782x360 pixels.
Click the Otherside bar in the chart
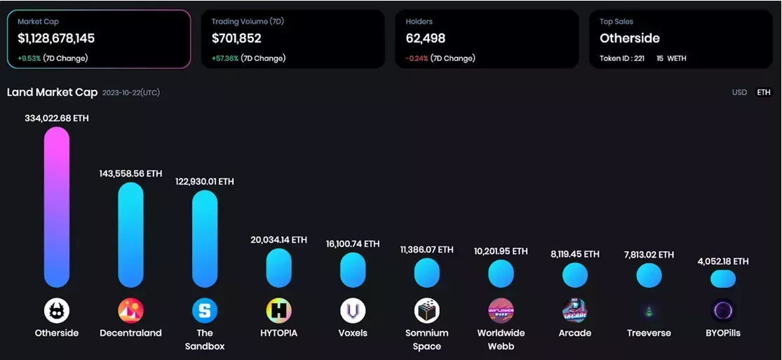point(57,207)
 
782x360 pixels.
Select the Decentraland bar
point(130,235)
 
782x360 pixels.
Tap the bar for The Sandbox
point(205,239)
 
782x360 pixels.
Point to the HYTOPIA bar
point(278,268)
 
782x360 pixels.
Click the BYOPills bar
point(722,279)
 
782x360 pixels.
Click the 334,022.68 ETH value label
point(57,119)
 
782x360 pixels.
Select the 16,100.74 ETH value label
point(353,244)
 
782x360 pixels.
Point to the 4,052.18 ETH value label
point(722,261)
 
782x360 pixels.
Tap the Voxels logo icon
point(353,310)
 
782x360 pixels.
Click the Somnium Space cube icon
point(426,310)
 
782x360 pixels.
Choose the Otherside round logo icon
point(57,310)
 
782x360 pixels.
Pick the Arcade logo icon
point(574,310)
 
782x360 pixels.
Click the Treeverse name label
point(649,333)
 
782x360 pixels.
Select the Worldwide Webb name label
point(501,339)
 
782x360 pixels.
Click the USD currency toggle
point(739,93)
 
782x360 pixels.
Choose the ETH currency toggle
point(763,93)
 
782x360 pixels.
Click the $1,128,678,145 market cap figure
point(56,39)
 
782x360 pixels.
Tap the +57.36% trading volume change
point(225,58)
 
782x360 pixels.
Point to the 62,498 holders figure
point(426,39)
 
